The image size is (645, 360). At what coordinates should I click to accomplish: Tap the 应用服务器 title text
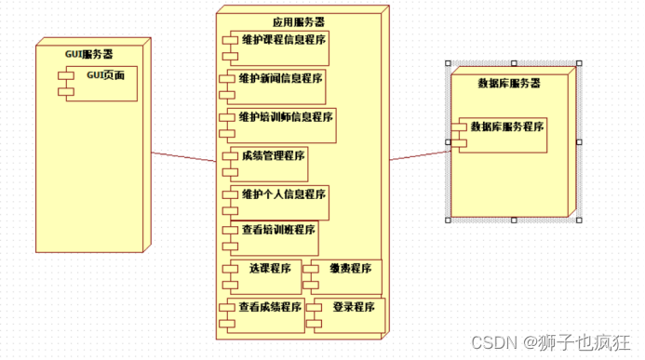coord(299,21)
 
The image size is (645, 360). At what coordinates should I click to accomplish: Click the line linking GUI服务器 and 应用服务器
coord(182,159)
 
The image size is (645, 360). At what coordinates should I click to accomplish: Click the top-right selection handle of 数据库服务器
coord(578,64)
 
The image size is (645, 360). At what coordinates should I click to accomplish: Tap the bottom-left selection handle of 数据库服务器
coord(448,220)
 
